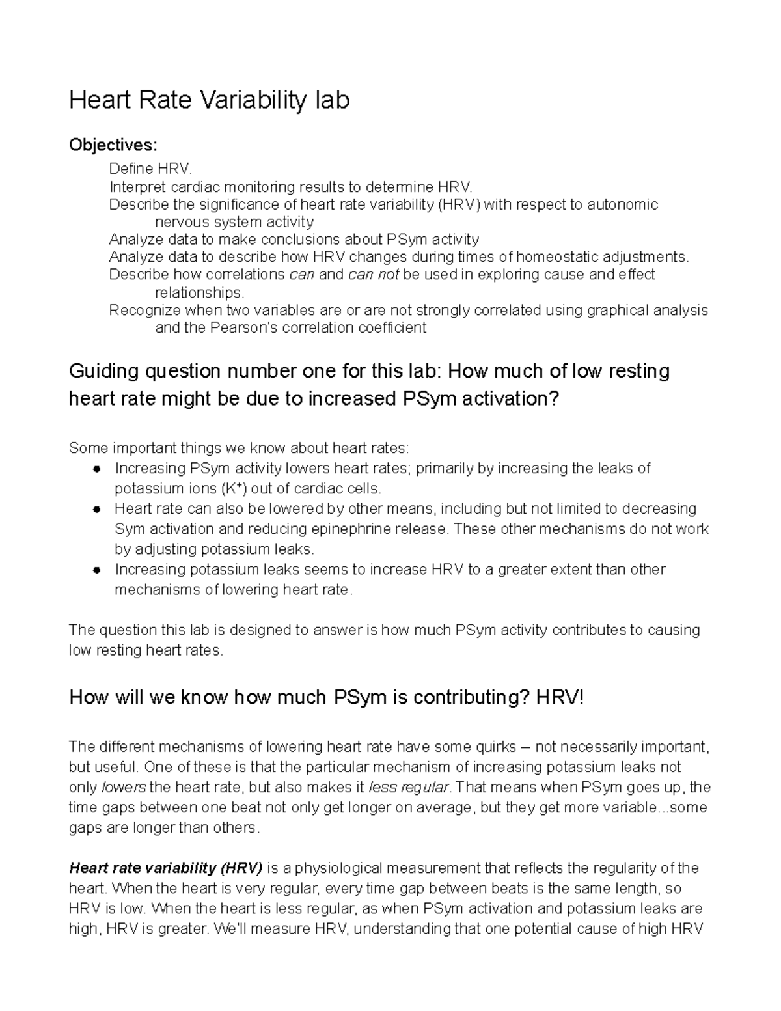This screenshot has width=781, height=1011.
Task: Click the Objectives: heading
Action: point(113,145)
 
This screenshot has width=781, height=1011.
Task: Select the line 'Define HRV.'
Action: point(151,169)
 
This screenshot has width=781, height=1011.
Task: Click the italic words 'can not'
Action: point(374,275)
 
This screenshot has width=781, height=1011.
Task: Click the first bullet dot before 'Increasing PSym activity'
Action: point(96,469)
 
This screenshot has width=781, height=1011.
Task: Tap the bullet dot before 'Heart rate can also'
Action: point(96,510)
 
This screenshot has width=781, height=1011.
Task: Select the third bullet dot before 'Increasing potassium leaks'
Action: point(96,570)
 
